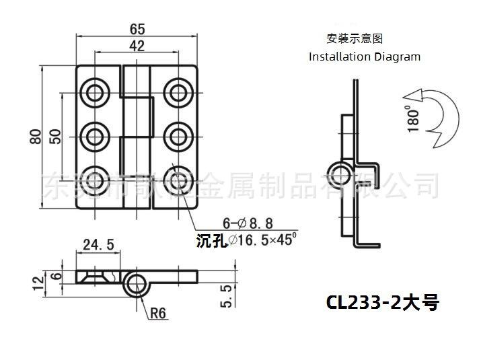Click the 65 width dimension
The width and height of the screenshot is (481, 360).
click(x=137, y=29)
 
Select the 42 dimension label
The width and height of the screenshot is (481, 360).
click(x=137, y=46)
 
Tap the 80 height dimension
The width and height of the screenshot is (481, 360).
click(x=36, y=137)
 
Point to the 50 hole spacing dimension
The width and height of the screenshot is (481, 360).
click(x=56, y=137)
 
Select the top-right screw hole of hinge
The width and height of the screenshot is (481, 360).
click(x=178, y=91)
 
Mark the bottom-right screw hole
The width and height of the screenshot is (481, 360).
click(x=178, y=180)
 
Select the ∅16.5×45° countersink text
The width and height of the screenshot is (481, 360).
click(x=262, y=240)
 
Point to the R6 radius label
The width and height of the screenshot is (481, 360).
click(x=158, y=312)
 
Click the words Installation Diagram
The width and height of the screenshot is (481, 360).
click(x=364, y=57)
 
